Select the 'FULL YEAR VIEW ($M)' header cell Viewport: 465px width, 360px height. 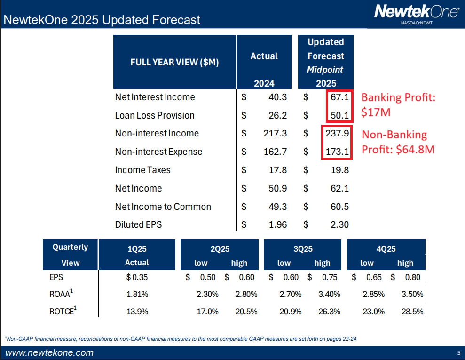tap(174, 62)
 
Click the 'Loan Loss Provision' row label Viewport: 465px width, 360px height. tap(155, 115)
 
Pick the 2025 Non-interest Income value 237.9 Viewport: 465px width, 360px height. tap(337, 133)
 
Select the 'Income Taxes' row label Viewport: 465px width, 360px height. tap(142, 170)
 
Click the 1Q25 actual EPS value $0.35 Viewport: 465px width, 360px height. tap(137, 278)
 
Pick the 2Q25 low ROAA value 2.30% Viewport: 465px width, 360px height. tap(207, 295)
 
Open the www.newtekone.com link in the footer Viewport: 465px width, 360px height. tap(49, 353)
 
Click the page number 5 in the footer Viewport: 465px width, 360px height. tap(458, 353)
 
